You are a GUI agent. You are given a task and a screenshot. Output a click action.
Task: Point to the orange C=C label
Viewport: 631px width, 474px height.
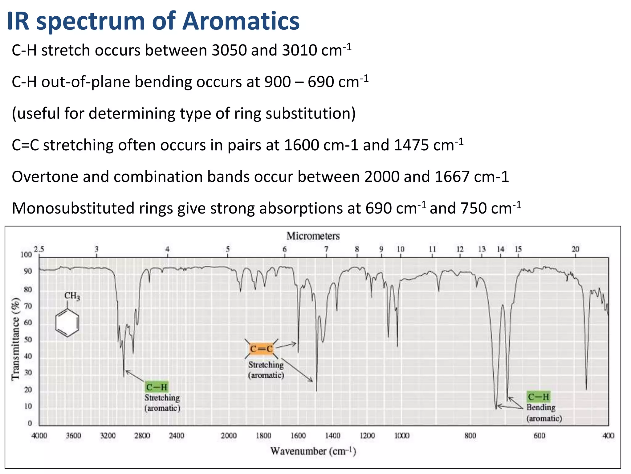coord(261,349)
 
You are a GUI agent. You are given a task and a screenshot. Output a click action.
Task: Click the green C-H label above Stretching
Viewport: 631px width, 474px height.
coord(157,387)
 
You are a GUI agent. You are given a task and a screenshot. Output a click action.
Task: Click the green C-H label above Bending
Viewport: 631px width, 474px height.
coord(538,397)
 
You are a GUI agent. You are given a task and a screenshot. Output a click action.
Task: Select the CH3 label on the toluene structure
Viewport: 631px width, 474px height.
coord(72,296)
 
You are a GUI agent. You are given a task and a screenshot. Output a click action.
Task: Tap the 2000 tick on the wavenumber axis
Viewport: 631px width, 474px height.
coord(229,436)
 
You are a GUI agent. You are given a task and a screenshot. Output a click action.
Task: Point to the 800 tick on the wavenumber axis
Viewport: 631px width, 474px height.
coord(470,436)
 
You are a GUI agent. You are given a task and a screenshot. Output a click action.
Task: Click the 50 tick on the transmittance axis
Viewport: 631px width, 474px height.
coord(28,340)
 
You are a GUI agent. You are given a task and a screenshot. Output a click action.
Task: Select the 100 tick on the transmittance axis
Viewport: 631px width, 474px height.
coord(26,255)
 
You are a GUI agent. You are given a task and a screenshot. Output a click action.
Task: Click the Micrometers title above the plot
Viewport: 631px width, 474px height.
coord(313,236)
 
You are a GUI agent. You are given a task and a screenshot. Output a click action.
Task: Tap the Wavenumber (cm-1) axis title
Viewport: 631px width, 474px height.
coord(313,451)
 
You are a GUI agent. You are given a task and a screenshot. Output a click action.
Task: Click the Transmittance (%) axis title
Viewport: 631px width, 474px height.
coord(15,339)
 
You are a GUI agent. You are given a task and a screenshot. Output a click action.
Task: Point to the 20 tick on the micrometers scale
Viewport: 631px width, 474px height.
coord(575,249)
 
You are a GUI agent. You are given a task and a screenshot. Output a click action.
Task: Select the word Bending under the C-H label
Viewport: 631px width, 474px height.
coord(541,408)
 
